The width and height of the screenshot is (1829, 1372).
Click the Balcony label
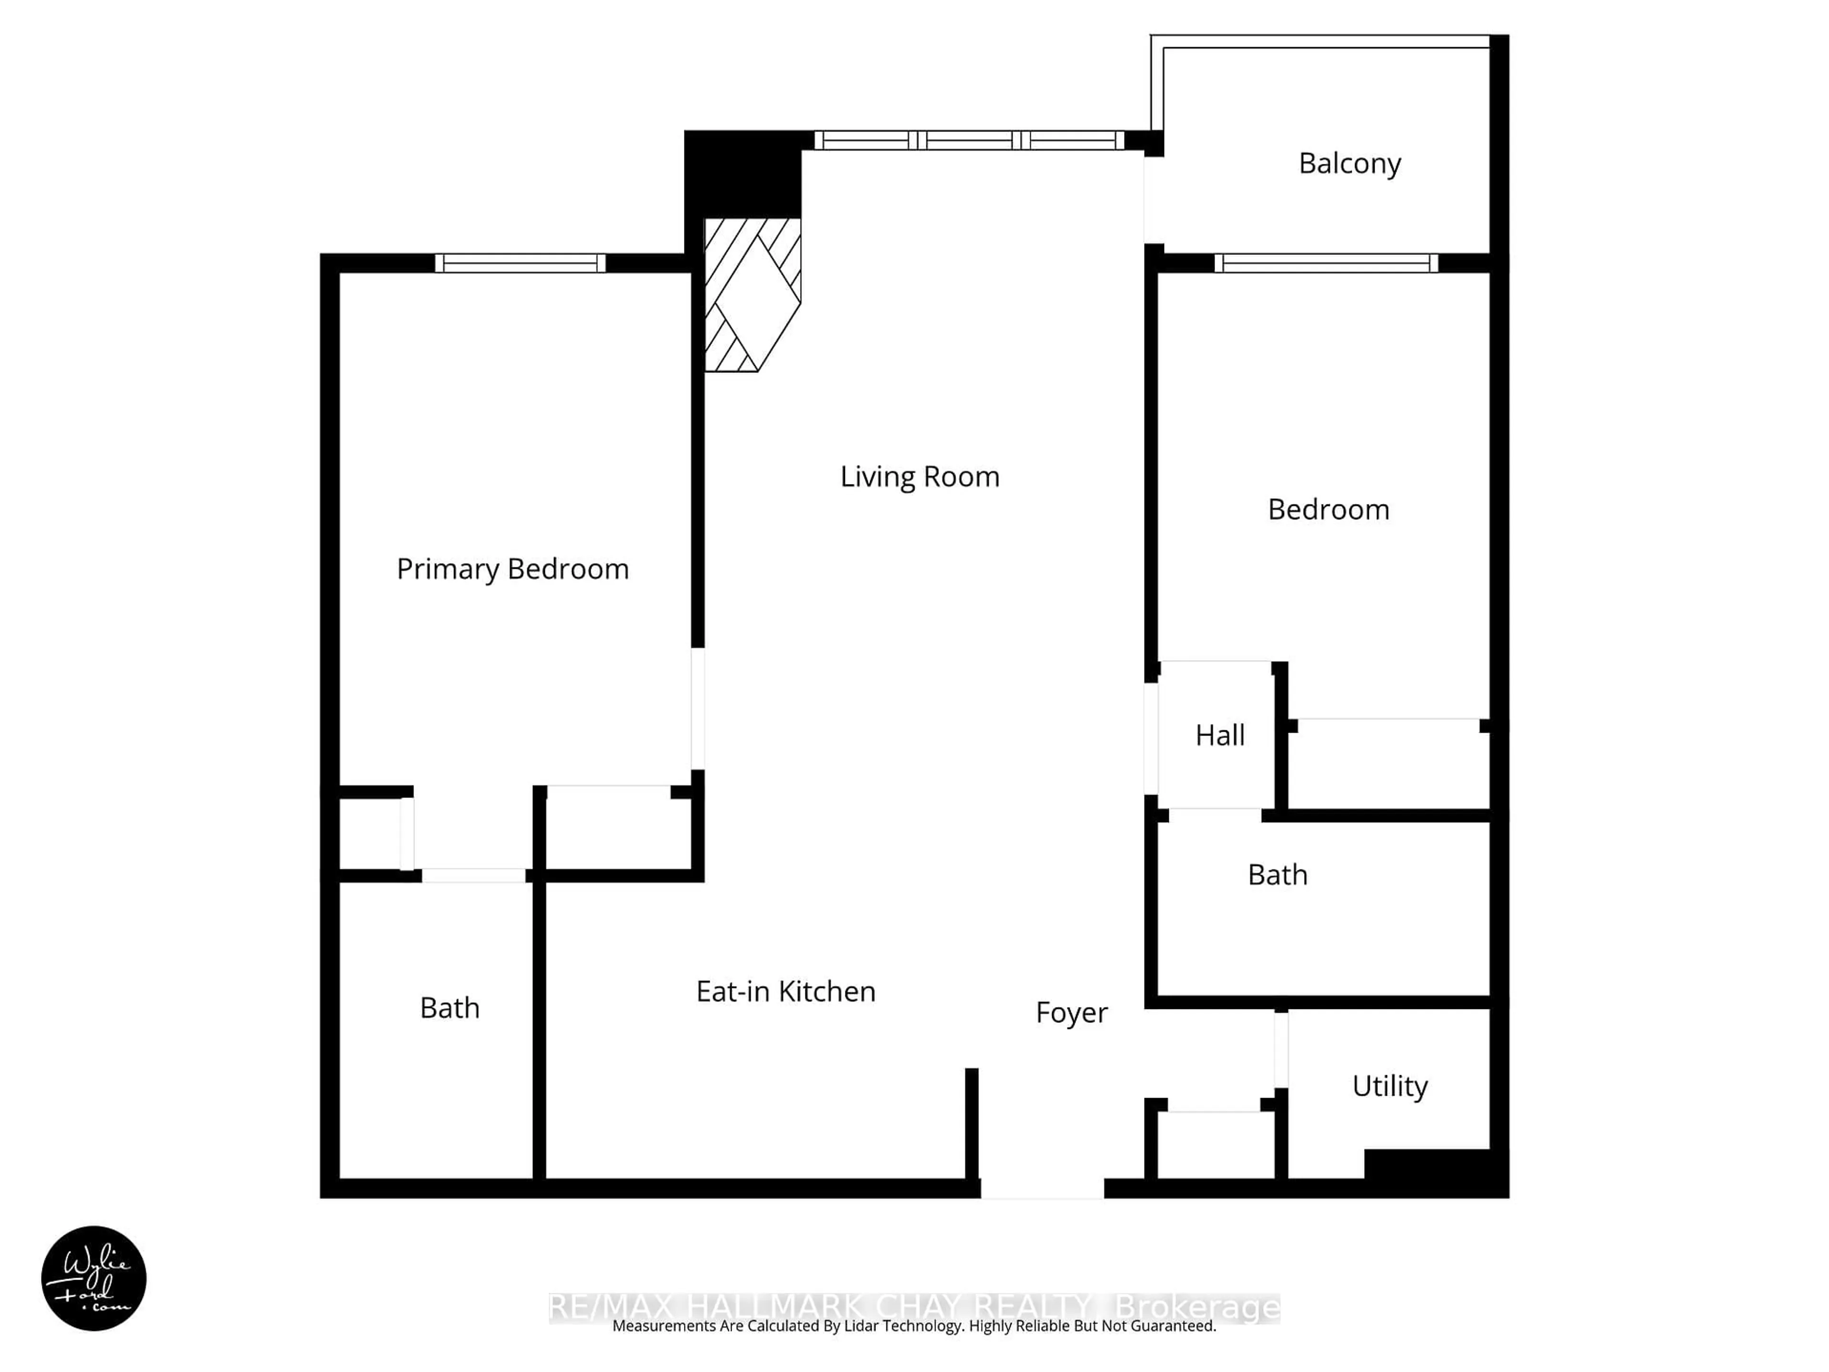point(1349,164)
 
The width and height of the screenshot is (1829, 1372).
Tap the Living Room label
point(919,477)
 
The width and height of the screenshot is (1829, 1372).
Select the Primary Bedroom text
point(513,569)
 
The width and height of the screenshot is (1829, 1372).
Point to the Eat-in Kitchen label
point(785,991)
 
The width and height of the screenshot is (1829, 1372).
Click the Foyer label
point(1072,1013)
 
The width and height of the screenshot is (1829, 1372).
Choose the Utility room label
point(1390,1086)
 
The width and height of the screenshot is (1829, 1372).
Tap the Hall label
point(1220,735)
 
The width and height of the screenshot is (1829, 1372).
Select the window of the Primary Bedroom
point(520,263)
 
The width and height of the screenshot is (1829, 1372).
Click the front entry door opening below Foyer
point(1042,1189)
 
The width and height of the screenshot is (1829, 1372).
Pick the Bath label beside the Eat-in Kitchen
point(450,1008)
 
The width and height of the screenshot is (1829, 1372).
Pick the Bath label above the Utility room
point(1277,875)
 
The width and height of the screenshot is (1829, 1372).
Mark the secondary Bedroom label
point(1329,509)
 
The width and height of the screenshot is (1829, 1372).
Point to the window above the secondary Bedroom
point(1327,263)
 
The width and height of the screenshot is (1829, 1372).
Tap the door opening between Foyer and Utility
point(1281,1050)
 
